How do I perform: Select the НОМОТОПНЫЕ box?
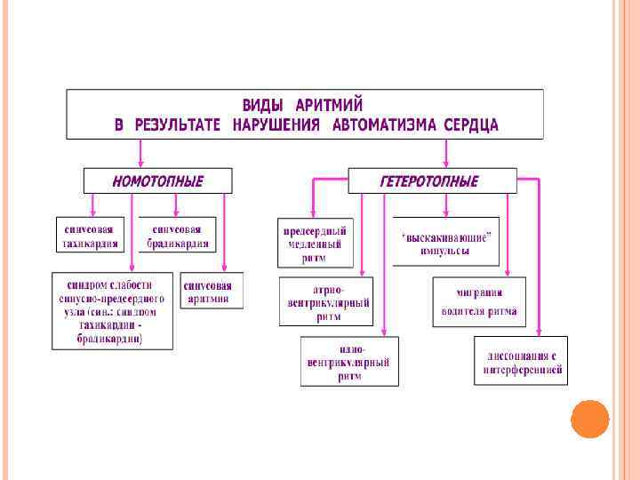click(158, 181)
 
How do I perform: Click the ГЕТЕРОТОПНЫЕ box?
click(430, 181)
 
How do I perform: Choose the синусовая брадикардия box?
click(178, 235)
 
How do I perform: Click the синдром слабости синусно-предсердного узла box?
click(112, 310)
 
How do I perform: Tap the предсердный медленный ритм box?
click(316, 243)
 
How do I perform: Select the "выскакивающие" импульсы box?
click(446, 241)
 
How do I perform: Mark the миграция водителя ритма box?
click(479, 302)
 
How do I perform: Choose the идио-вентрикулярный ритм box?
click(349, 361)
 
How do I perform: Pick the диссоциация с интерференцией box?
click(520, 361)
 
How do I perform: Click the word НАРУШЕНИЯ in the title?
click(276, 124)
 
